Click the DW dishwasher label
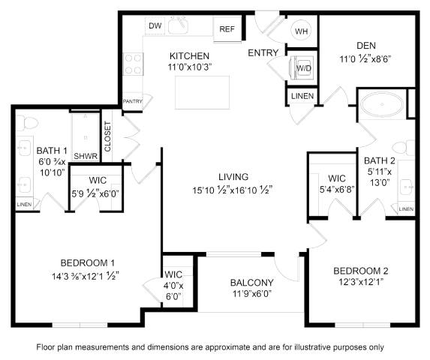click(155, 25)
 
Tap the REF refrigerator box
click(227, 29)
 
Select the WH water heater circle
click(301, 31)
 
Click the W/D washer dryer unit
click(302, 67)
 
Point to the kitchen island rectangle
click(202, 92)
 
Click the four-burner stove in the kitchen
click(134, 64)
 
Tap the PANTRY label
click(133, 101)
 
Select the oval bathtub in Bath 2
click(382, 104)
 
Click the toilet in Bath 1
click(27, 123)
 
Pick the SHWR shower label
click(86, 156)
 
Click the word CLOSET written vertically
click(107, 136)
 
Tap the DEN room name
click(366, 46)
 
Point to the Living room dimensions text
click(232, 190)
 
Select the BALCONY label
click(251, 283)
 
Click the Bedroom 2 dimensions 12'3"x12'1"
click(361, 282)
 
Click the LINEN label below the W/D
click(302, 96)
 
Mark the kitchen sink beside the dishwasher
click(178, 25)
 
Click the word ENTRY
click(263, 52)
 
